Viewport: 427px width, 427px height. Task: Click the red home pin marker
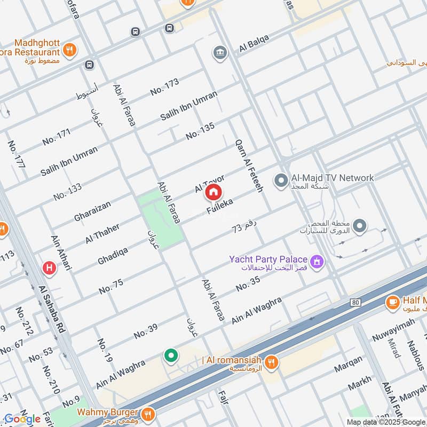213,193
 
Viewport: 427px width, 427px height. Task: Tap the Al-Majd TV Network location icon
281,180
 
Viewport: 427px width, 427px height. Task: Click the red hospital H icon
49,268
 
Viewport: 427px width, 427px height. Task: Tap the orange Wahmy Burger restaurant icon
148,413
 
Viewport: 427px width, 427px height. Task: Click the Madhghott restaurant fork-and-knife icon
69,51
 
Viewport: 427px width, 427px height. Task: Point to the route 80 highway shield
355,303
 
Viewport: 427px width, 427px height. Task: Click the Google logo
22,419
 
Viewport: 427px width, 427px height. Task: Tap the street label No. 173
164,86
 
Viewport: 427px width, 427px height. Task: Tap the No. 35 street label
248,283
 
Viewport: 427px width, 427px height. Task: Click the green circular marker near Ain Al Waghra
171,355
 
